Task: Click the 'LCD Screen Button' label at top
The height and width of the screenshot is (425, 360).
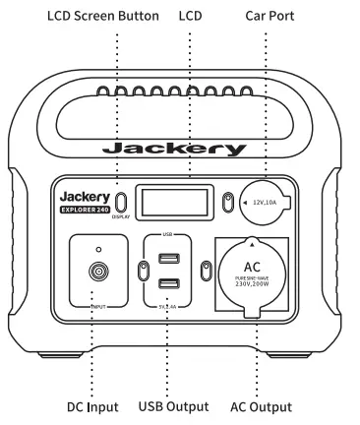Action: pos(77,17)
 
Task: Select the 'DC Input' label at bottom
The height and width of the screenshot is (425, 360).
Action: pos(94,406)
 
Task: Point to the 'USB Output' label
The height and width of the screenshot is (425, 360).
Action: pos(173,406)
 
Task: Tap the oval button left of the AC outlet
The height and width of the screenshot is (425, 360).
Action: pos(207,273)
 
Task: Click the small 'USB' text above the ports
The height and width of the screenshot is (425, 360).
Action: pos(167,237)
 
